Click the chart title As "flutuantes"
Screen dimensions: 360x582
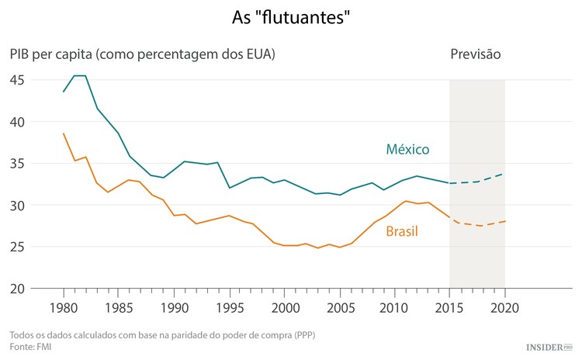click(x=291, y=16)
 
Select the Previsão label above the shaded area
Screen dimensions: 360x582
click(x=476, y=55)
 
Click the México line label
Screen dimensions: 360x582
click(x=407, y=149)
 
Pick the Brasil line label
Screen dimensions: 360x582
click(x=402, y=231)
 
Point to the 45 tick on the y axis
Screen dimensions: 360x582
click(x=17, y=80)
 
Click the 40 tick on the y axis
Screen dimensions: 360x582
click(x=17, y=122)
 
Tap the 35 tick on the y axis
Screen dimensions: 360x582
click(x=17, y=164)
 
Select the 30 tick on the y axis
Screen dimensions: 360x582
click(x=17, y=206)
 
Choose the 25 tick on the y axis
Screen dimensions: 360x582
click(x=17, y=247)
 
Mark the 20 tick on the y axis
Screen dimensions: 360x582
click(x=17, y=289)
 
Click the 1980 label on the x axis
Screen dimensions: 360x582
click(x=64, y=307)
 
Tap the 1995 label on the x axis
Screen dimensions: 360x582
click(x=229, y=307)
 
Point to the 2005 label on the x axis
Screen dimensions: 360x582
click(x=339, y=307)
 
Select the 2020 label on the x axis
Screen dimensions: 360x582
click(x=504, y=307)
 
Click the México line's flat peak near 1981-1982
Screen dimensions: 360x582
click(x=80, y=76)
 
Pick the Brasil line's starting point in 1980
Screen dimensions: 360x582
click(x=64, y=133)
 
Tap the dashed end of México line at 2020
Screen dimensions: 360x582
click(x=504, y=174)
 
